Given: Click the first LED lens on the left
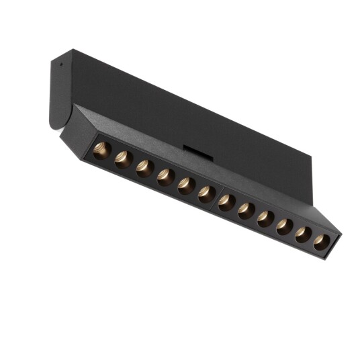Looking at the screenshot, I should (101, 149).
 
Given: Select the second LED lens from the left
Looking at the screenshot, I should (123, 159).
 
